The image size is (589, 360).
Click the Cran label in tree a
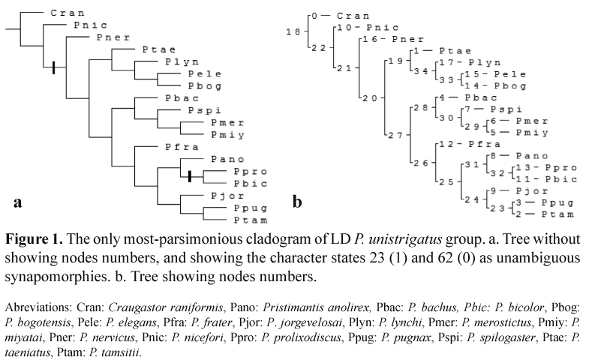[68, 13]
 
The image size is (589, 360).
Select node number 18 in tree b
[294, 31]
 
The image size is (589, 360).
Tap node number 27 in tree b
[393, 136]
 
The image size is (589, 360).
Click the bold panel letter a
[17, 202]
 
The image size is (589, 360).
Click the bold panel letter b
[297, 202]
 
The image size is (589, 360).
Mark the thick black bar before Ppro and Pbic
[190, 176]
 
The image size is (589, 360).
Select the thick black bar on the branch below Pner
[53, 68]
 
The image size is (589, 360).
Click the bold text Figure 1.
[31, 240]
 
